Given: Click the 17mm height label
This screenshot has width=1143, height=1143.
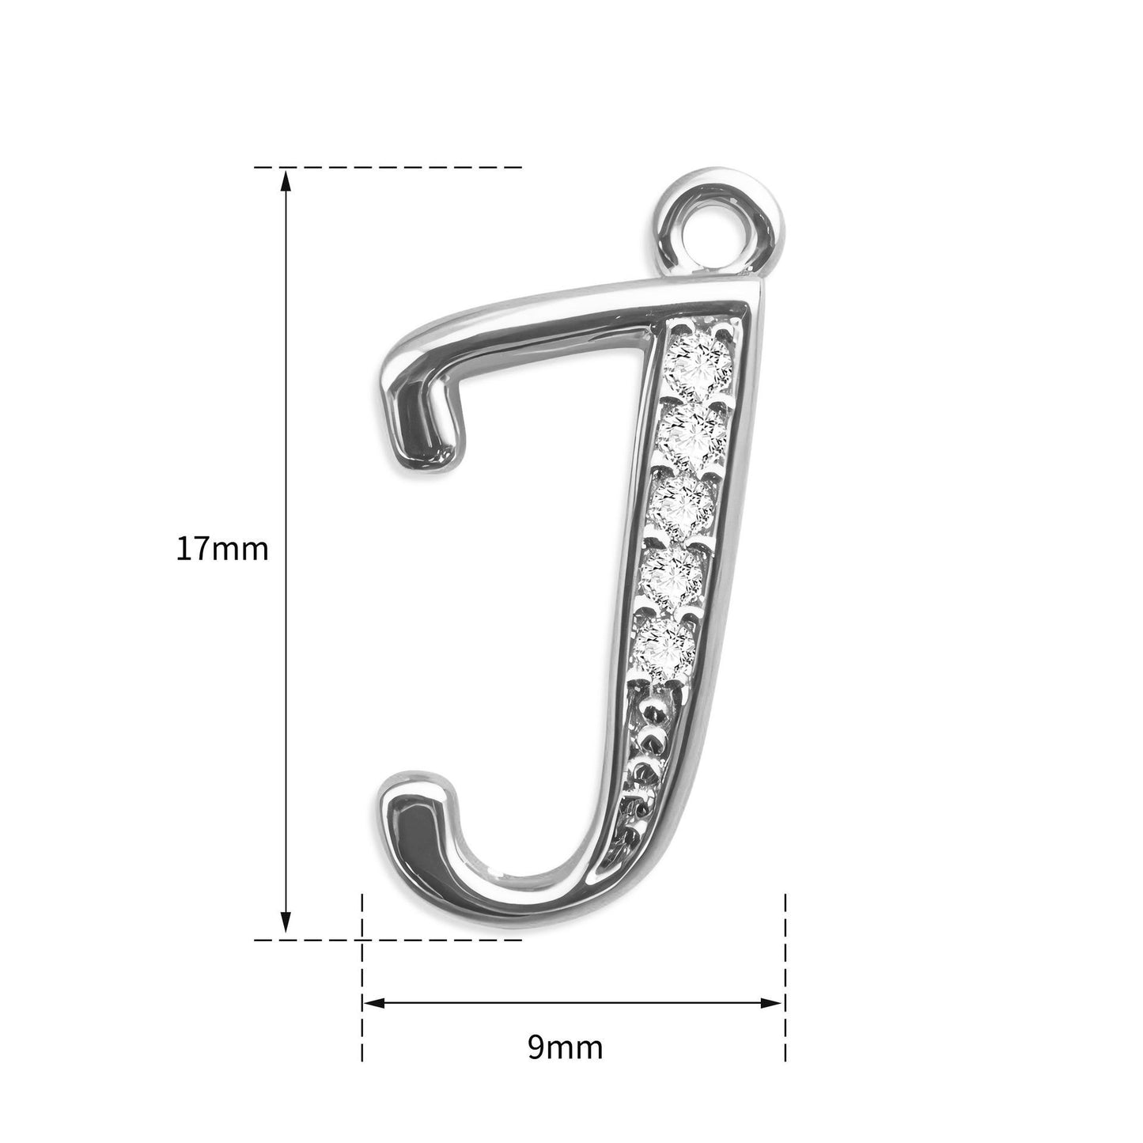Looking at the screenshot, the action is click(x=222, y=550).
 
